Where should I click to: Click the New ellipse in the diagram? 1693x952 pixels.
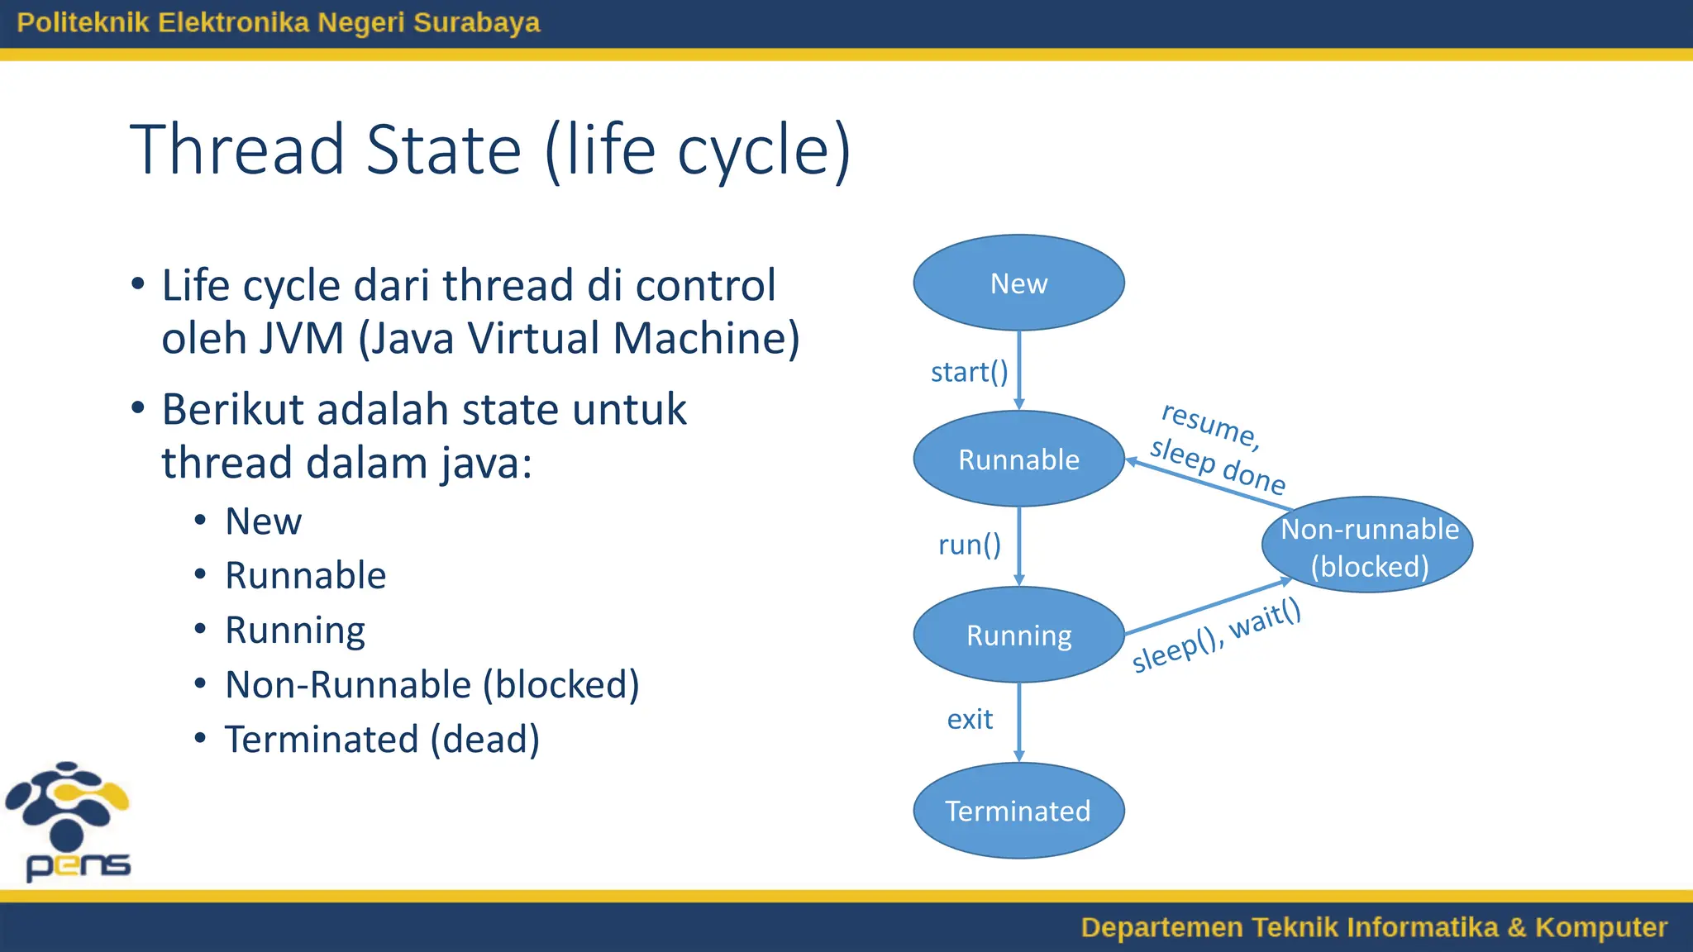point(1018,283)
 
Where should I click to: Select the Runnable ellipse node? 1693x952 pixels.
point(1018,459)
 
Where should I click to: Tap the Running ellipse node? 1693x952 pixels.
point(1018,635)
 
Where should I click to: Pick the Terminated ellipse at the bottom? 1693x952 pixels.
point(1018,811)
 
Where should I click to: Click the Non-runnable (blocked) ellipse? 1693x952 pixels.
point(1368,545)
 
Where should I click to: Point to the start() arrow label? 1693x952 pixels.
point(969,372)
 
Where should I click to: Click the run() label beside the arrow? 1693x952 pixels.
point(969,545)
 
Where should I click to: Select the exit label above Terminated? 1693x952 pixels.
point(970,719)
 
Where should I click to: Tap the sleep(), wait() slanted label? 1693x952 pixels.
point(1216,636)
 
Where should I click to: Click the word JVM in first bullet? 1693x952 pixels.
point(301,339)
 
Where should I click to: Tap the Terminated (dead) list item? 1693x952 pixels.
point(382,739)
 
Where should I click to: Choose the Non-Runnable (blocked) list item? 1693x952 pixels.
point(432,684)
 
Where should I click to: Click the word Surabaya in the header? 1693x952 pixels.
point(476,22)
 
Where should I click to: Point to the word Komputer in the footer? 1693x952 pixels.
point(1600,927)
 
